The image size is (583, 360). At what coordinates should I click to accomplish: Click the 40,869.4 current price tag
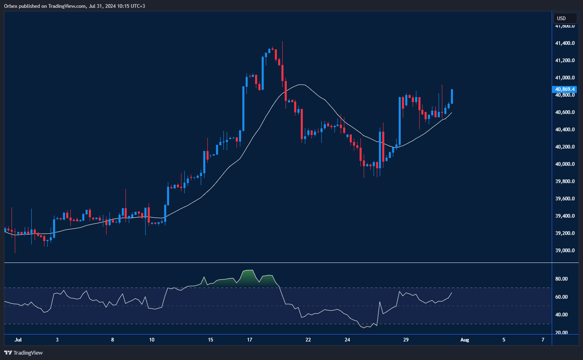(565, 89)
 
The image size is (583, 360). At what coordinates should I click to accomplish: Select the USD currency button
(564, 18)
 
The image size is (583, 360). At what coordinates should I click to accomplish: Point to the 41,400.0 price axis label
(565, 43)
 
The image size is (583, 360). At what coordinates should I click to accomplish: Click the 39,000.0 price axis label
(565, 251)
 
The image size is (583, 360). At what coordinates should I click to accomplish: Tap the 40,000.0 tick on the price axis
(565, 164)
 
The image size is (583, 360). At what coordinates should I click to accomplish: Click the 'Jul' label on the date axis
(18, 340)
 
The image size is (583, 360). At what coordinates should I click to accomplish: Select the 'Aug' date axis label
(465, 340)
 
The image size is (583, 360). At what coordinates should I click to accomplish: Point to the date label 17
(250, 340)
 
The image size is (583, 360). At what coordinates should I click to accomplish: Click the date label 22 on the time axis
(308, 340)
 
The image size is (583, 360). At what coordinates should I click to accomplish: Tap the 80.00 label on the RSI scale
(561, 279)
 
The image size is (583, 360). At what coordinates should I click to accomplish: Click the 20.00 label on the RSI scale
(561, 333)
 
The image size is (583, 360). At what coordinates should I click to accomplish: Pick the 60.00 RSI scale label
(561, 297)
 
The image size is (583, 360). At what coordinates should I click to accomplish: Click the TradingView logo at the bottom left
(23, 353)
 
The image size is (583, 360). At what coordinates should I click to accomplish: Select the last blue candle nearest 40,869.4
(452, 96)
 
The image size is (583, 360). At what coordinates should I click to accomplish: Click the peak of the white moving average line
(302, 85)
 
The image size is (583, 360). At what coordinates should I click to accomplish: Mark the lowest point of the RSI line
(364, 328)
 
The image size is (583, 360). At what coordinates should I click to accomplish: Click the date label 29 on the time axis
(406, 340)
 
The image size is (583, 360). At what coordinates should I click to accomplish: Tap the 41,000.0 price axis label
(565, 78)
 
